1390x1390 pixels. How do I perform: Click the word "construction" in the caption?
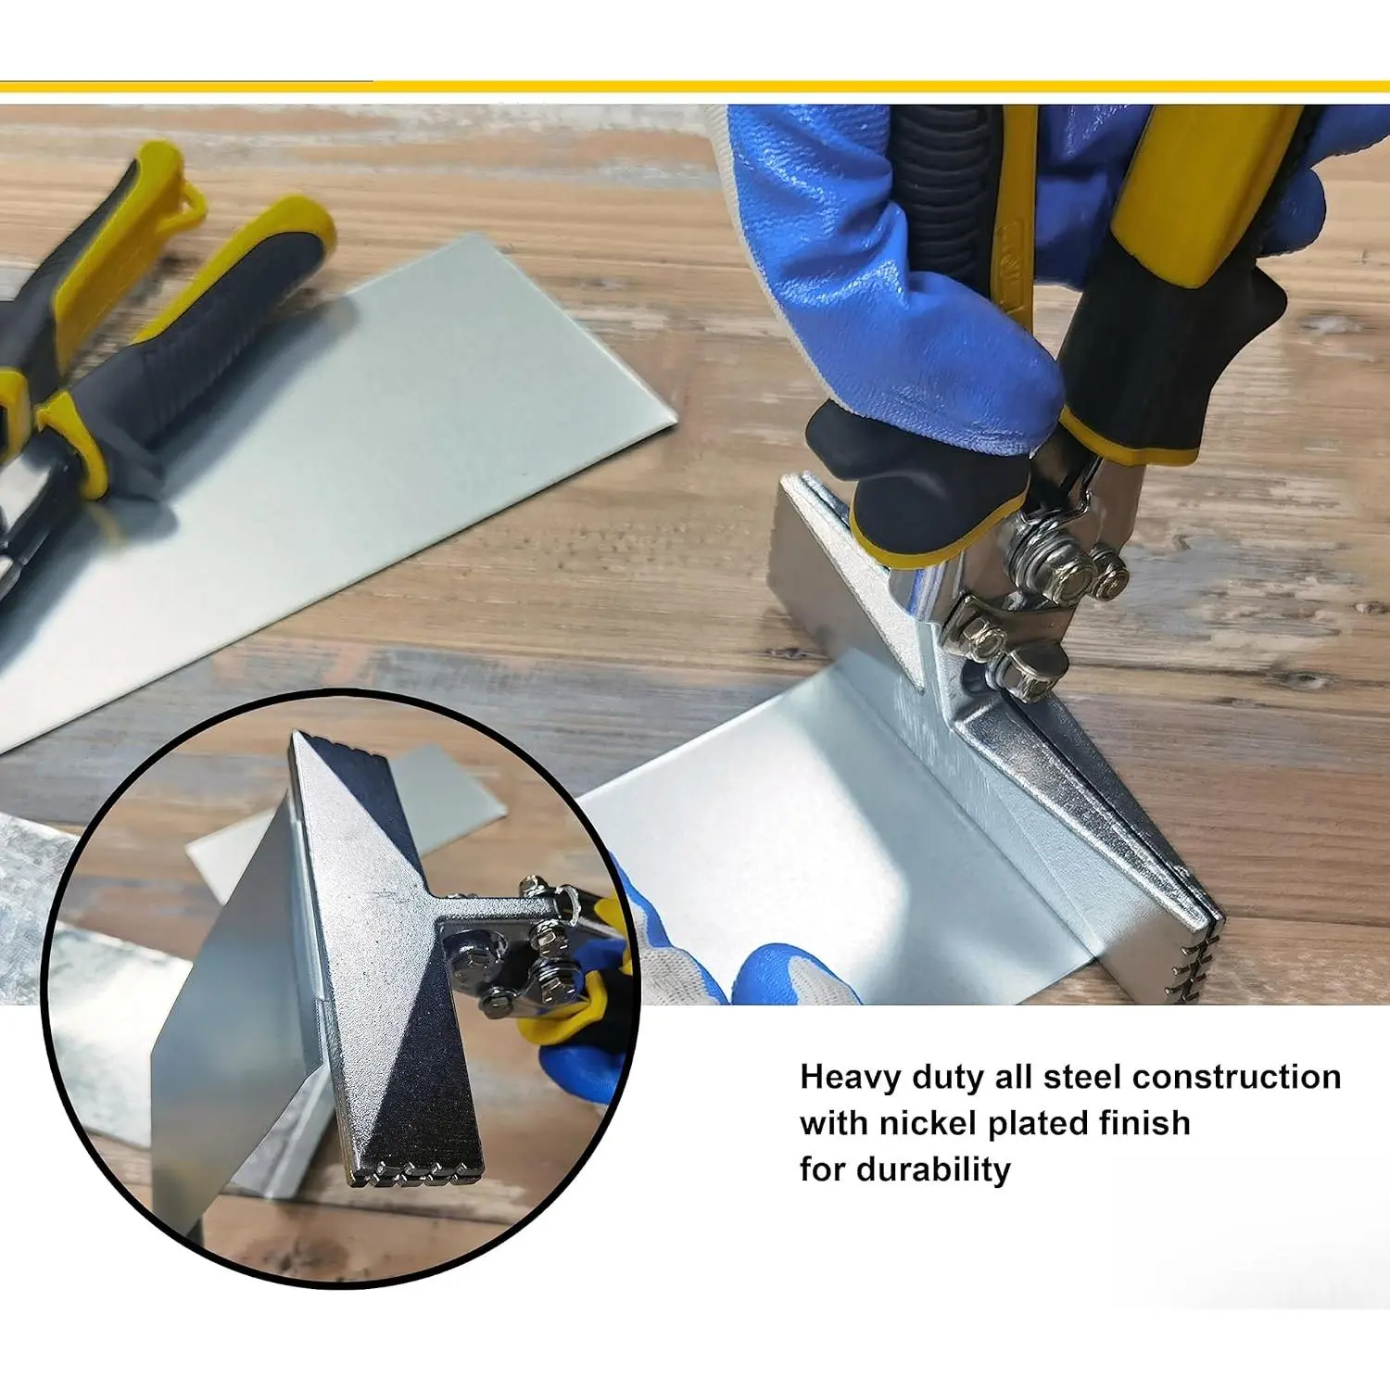[x=1237, y=1077]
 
